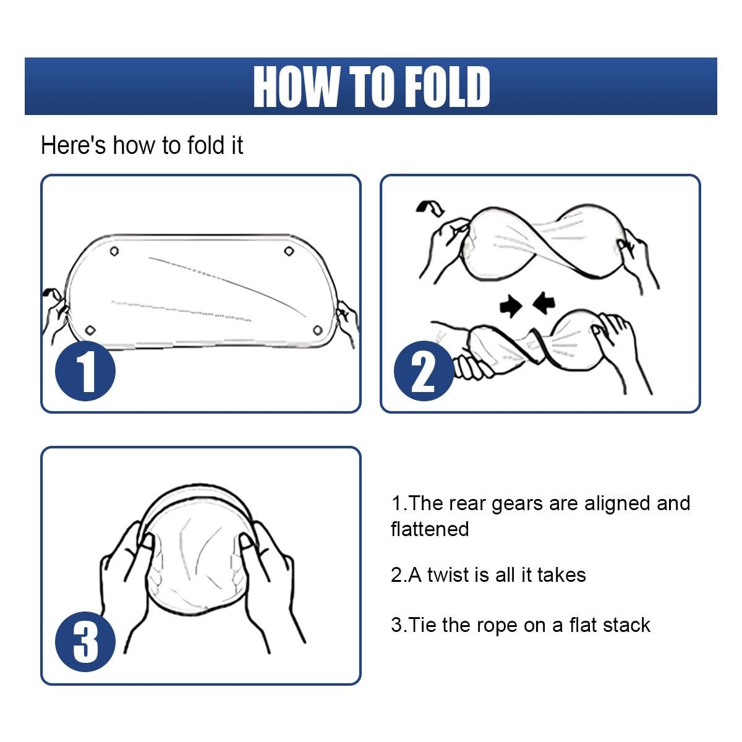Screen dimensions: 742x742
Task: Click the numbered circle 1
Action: click(85, 371)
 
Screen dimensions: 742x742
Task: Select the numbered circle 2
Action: click(424, 371)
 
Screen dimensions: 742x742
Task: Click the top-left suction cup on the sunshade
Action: click(114, 252)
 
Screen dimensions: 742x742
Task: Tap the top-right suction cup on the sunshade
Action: click(289, 252)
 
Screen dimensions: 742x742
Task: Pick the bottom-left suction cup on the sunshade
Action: click(90, 330)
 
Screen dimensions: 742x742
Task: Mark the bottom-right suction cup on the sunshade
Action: click(318, 330)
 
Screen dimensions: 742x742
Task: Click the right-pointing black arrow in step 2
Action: click(511, 307)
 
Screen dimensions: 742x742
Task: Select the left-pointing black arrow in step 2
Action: click(544, 302)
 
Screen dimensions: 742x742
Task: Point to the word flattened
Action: click(430, 529)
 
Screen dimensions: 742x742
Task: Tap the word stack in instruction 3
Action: click(626, 625)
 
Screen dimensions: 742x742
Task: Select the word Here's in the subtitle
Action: click(73, 145)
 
